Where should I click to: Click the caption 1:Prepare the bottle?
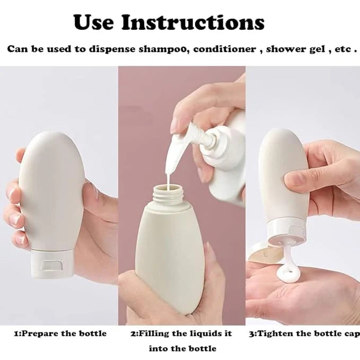[60, 333]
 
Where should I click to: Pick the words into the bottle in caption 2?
[182, 348]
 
